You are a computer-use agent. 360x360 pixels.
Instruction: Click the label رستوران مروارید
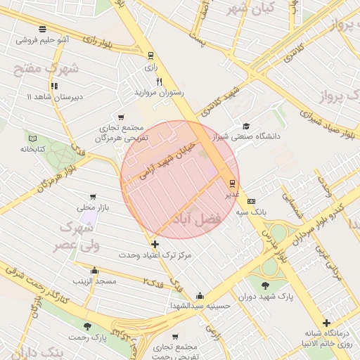[159, 92]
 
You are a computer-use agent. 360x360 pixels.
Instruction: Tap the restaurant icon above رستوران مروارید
[160, 82]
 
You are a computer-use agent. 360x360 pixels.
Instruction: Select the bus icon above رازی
[150, 56]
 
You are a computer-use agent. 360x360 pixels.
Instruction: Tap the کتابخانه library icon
[32, 137]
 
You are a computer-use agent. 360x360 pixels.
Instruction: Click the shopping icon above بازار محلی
[94, 198]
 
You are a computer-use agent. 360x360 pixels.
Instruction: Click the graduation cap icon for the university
[245, 125]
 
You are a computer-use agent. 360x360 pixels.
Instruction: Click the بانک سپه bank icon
[251, 201]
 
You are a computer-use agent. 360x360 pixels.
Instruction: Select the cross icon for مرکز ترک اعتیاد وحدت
[155, 244]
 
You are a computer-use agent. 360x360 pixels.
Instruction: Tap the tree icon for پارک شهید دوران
[265, 285]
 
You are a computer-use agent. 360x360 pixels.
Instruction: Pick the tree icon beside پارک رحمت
[87, 327]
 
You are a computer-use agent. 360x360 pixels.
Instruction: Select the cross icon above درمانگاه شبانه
[326, 323]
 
